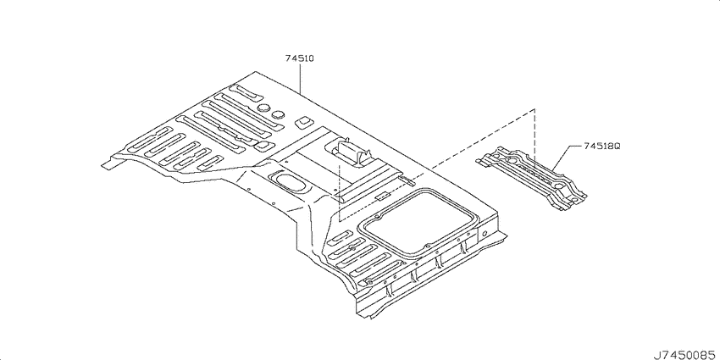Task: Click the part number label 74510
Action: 299,58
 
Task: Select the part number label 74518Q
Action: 602,146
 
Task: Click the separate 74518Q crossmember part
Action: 531,177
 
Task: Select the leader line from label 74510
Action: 300,79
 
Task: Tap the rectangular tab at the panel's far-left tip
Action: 108,164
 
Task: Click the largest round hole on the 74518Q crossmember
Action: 512,161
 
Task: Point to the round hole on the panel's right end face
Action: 484,232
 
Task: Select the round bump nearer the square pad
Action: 279,114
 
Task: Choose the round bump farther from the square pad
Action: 263,108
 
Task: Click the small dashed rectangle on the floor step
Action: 380,197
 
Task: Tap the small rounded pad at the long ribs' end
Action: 263,146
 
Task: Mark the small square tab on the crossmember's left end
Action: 481,161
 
